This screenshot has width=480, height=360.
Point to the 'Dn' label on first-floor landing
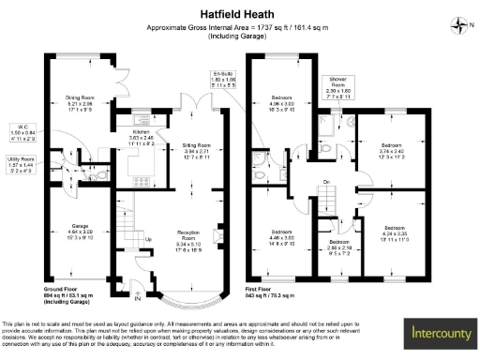click(x=326, y=182)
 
